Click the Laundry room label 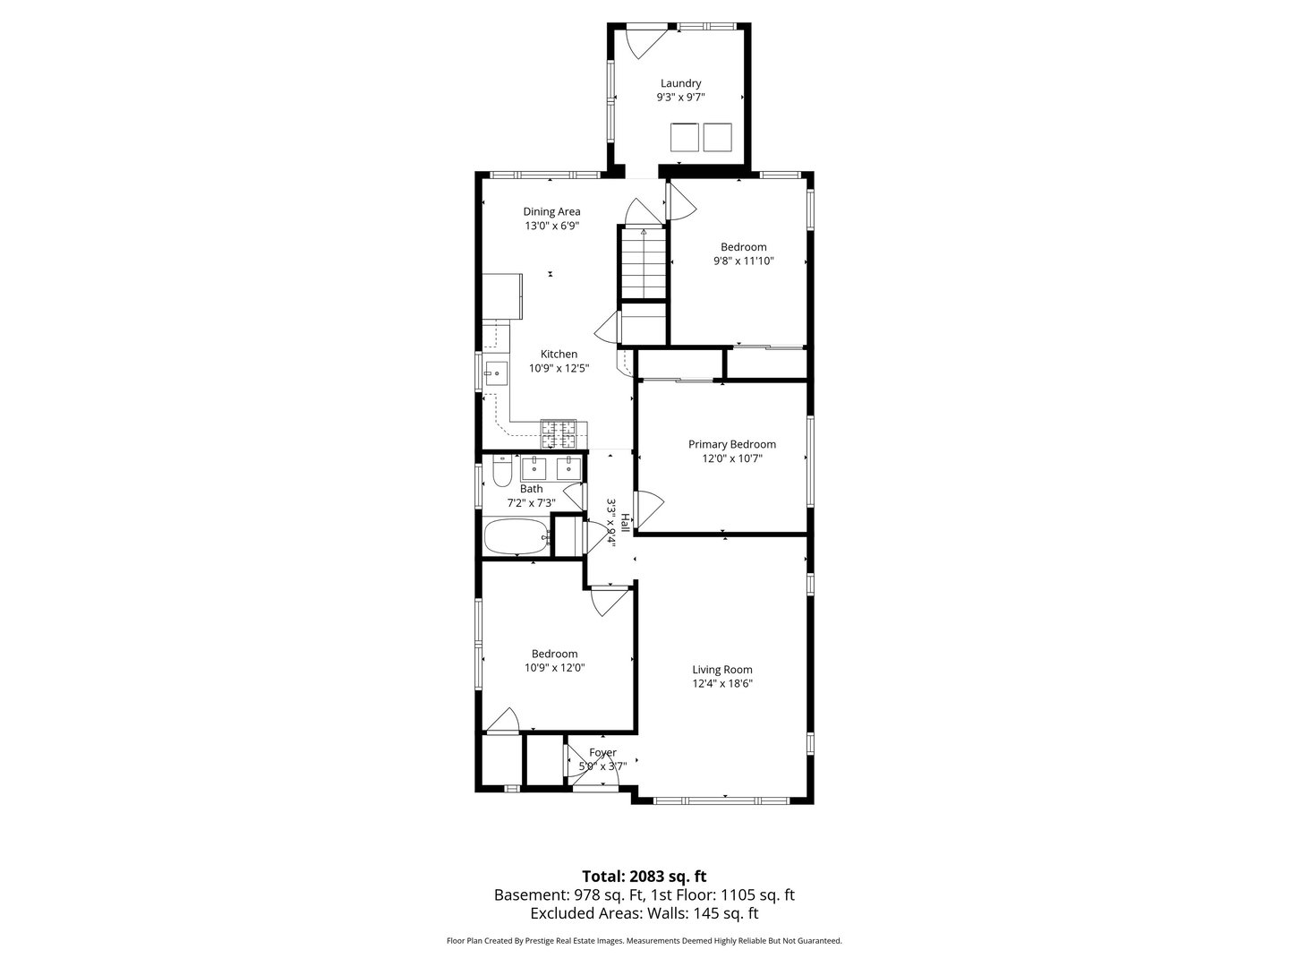point(680,83)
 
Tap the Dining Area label point(551,211)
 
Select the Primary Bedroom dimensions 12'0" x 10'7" point(731,458)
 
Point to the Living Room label point(721,670)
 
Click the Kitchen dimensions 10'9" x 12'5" point(559,368)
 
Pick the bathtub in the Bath point(516,536)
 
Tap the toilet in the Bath point(502,472)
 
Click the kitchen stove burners point(559,434)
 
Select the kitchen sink point(496,373)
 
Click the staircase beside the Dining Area point(644,264)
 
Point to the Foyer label point(602,752)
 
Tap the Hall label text point(626,523)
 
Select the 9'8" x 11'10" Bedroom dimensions point(744,261)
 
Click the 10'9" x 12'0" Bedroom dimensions point(554,668)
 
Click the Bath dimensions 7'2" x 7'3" point(531,503)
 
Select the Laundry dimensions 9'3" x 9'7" point(680,98)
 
